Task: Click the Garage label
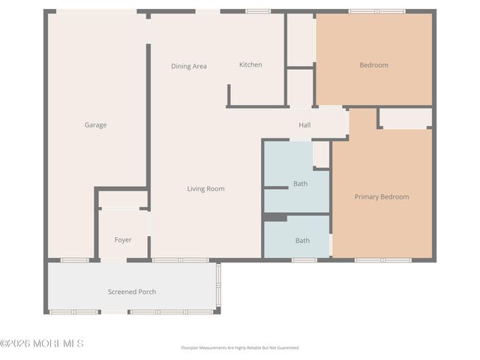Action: tap(95, 125)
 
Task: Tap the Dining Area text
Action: tap(189, 66)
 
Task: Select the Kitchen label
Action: tap(250, 64)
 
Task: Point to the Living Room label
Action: tap(205, 189)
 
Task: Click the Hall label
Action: tap(304, 125)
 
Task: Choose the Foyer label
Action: tap(123, 240)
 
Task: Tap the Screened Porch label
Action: tap(132, 292)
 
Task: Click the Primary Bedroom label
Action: tap(382, 196)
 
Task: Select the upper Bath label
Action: tap(300, 184)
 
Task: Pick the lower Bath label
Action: tap(302, 241)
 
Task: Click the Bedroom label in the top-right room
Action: tap(373, 65)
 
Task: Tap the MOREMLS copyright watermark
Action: tap(42, 343)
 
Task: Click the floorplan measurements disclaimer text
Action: tap(240, 348)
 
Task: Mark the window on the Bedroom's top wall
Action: tap(377, 11)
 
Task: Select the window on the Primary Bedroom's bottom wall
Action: tap(383, 260)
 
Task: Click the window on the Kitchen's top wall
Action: tap(258, 11)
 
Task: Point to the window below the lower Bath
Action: tap(304, 260)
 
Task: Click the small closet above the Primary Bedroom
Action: tap(406, 118)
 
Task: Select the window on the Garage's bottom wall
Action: tap(74, 260)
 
